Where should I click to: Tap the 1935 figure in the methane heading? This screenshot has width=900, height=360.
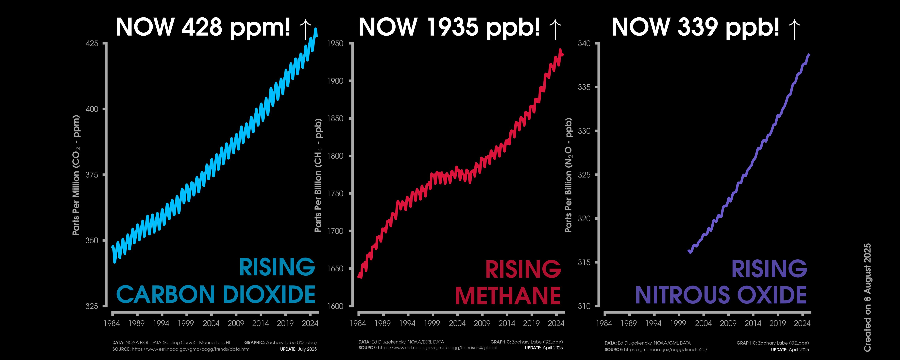pos(453,27)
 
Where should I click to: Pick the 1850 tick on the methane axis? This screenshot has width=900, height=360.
pos(335,118)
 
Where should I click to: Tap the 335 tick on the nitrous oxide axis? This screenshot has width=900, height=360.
pos(584,87)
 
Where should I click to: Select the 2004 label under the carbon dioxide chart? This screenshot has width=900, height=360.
pos(211,323)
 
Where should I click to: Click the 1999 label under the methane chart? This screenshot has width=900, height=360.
pos(432,323)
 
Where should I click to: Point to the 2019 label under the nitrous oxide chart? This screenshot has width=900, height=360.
pos(777,323)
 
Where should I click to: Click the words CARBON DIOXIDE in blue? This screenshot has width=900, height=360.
pos(216,294)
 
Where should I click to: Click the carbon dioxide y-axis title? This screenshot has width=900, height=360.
pos(76,175)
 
